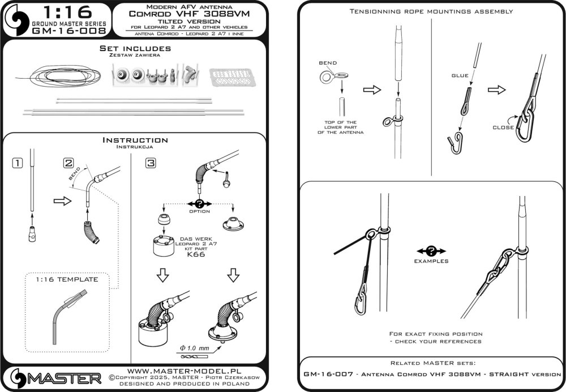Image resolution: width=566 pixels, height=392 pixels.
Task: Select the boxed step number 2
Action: (69, 163)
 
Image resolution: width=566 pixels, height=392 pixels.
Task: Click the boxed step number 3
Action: (151, 163)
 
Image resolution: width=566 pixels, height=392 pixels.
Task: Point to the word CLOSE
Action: (503, 127)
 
